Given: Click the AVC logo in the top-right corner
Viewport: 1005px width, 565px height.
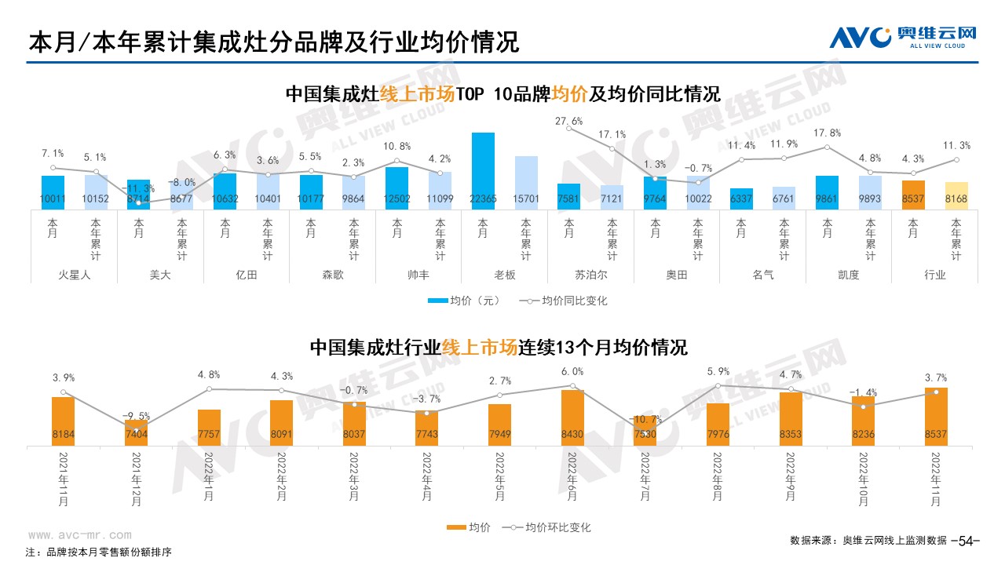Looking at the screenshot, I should coord(902,36).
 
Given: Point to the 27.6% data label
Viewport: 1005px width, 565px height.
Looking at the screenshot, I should coord(568,122).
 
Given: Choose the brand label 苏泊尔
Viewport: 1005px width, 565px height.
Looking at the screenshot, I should coord(590,275).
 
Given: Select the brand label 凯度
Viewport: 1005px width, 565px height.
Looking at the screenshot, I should coord(849,275).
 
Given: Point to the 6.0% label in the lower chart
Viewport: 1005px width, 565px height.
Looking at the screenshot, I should coord(572,372).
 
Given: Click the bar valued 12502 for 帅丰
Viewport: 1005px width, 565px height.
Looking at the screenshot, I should coord(397,188).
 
